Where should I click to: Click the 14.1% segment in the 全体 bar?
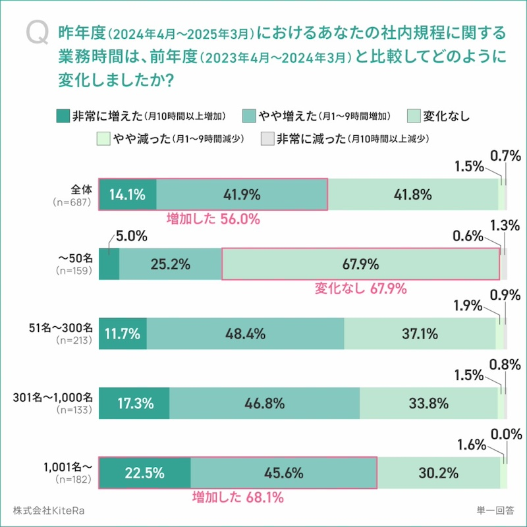click(x=128, y=194)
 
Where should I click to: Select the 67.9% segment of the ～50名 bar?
click(x=360, y=264)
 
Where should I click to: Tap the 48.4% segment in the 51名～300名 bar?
click(x=245, y=334)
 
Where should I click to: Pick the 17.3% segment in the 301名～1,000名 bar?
click(x=134, y=403)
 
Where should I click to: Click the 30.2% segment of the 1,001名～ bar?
click(x=437, y=473)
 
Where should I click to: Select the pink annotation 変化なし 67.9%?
click(x=360, y=289)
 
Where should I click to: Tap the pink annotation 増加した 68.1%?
click(x=237, y=497)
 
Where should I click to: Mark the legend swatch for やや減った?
click(x=102, y=139)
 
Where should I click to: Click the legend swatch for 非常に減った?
click(x=267, y=139)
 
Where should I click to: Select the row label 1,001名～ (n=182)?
click(x=70, y=473)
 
